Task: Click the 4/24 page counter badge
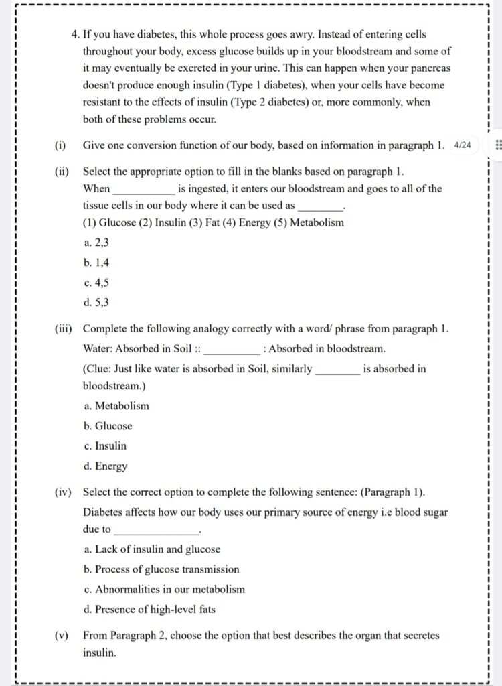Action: (463, 145)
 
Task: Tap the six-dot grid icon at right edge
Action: (497, 145)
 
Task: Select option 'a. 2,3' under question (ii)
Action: (96, 243)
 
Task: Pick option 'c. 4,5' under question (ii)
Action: (96, 283)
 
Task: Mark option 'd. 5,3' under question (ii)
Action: (96, 303)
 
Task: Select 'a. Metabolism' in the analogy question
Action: (116, 406)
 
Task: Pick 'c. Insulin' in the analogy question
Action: (105, 446)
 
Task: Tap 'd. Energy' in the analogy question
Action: (106, 466)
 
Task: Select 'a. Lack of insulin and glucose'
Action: (152, 549)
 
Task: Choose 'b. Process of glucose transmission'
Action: (161, 569)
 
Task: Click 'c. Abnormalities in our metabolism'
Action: (165, 590)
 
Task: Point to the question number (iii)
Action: (64, 329)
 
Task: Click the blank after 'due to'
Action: (158, 530)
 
